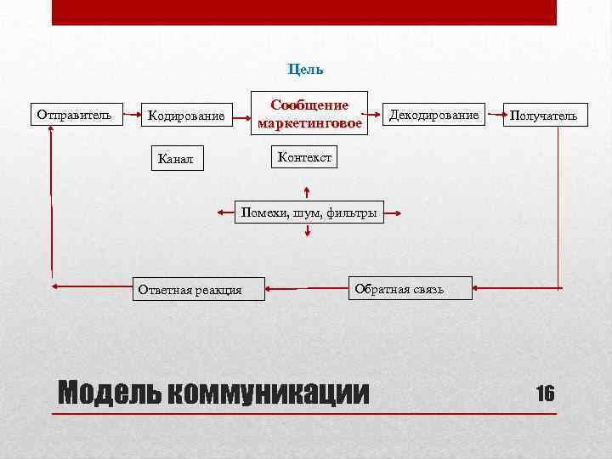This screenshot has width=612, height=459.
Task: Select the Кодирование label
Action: coord(186,116)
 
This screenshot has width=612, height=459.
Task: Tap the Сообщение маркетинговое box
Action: coord(309,115)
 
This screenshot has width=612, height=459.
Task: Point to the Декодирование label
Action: coord(433,115)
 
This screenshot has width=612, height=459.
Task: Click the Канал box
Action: coord(176,158)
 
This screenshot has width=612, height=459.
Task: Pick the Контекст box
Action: coord(303,157)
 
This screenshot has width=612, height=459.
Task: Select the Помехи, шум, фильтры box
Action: coord(309,212)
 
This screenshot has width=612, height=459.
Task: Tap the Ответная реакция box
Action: coord(190,290)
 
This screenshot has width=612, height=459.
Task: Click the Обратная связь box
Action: coord(399,289)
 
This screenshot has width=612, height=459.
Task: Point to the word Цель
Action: coord(305,69)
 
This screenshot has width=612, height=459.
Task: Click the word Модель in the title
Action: coord(108,393)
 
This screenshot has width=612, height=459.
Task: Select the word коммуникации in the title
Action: coord(269,393)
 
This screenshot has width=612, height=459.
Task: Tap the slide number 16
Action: coord(545,393)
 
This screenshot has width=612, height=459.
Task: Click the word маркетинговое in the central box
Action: coord(309,124)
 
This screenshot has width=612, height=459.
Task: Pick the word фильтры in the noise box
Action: coord(350,212)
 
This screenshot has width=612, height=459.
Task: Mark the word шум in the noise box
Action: coord(305,212)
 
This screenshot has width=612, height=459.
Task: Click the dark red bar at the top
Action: coord(304,12)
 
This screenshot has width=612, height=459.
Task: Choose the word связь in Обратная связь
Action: coord(424,289)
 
